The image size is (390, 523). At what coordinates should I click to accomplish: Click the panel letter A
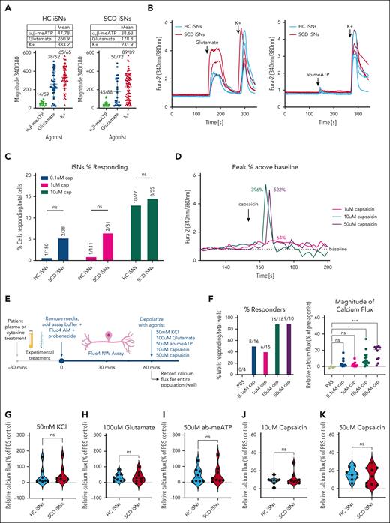4,5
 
